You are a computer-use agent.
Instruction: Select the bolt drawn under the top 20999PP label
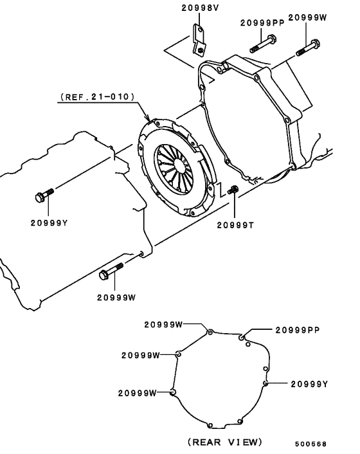[262, 46]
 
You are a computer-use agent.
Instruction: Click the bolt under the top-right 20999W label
[309, 48]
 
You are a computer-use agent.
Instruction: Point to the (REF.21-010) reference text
[98, 97]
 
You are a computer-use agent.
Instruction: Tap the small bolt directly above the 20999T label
[234, 190]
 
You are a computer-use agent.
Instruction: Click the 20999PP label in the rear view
[297, 330]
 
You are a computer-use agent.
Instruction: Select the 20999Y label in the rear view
[309, 384]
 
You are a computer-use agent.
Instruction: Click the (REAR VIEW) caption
[224, 442]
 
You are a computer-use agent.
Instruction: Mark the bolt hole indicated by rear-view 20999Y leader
[265, 384]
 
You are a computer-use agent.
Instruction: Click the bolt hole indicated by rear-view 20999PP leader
[242, 337]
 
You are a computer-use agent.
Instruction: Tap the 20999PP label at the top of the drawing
[262, 23]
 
